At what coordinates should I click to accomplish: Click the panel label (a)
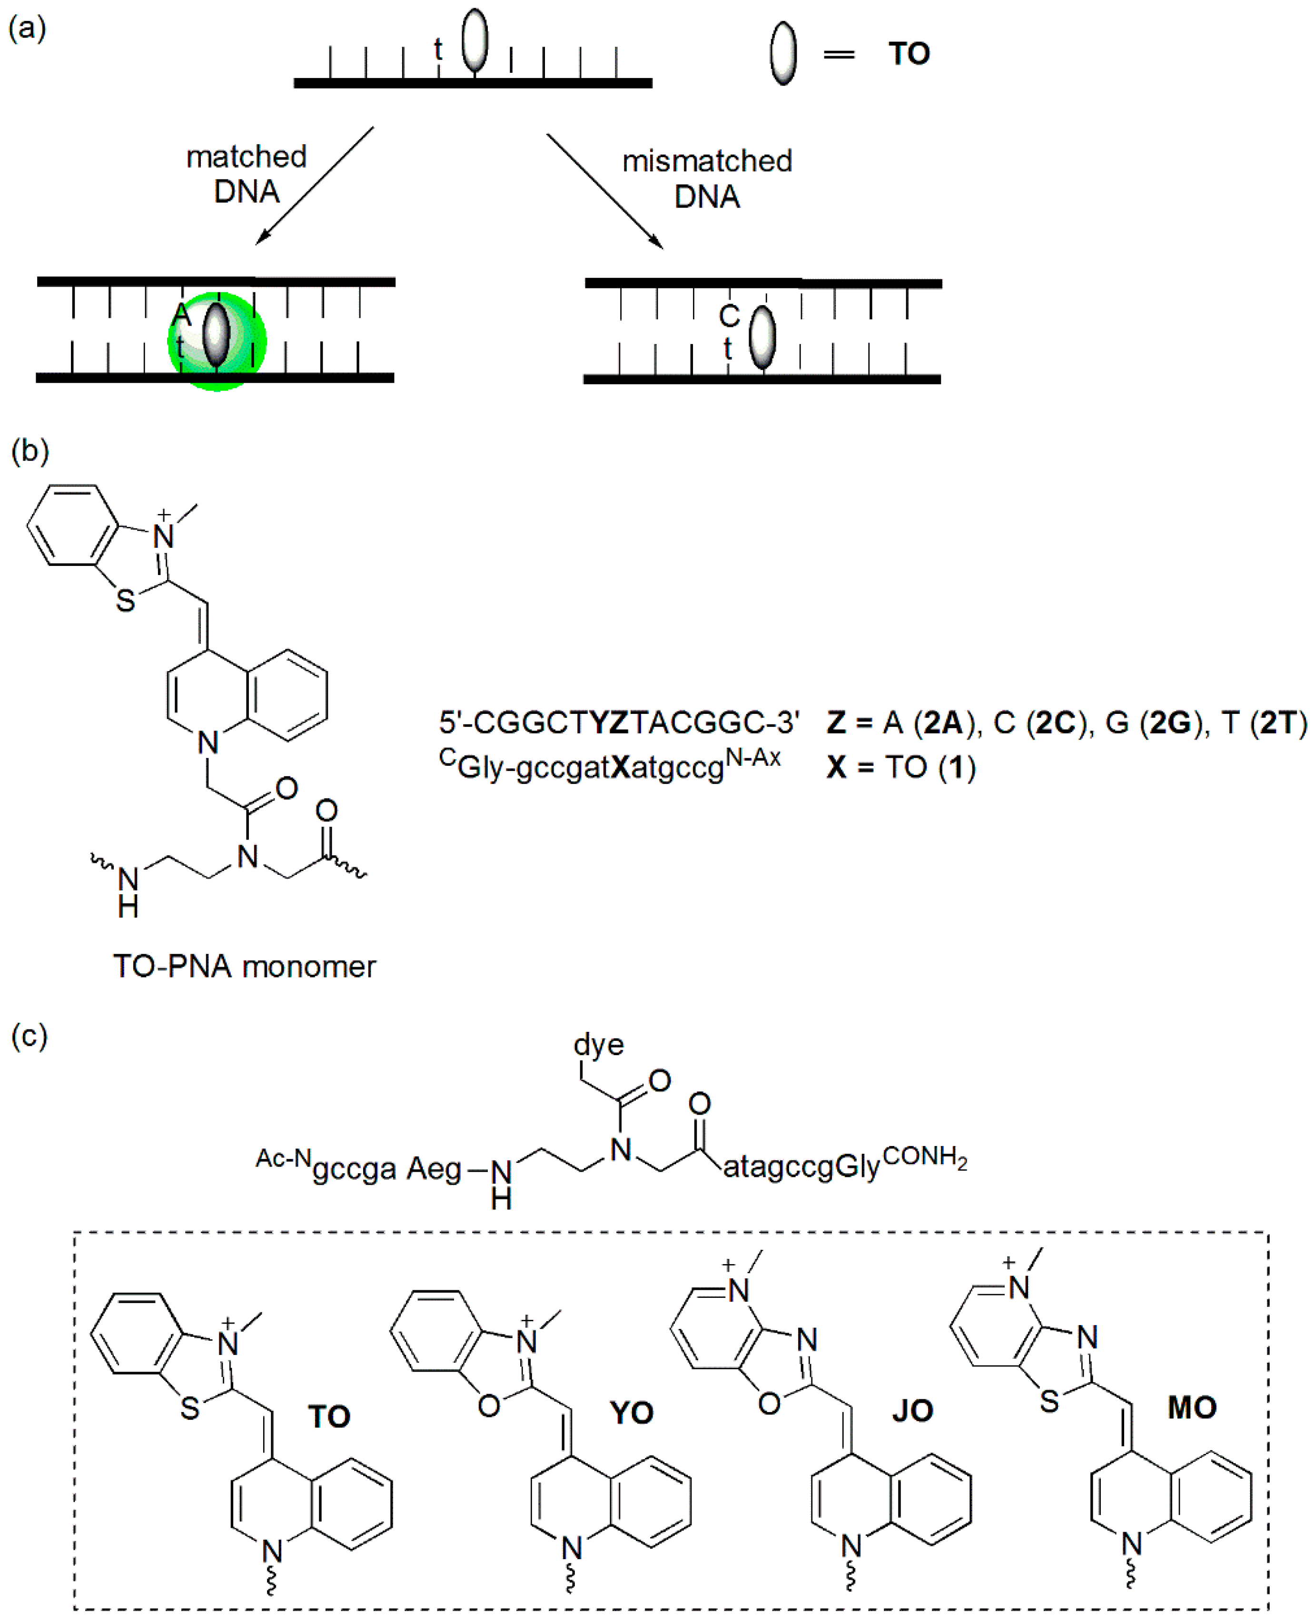tap(27, 28)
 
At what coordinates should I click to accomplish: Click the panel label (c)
tap(30, 1035)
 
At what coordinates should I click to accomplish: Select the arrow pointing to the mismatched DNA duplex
tap(604, 191)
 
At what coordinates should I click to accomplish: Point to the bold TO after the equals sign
tap(909, 54)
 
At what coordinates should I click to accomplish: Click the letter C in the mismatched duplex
tap(729, 316)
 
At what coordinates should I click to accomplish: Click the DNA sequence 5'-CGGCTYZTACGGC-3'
tap(619, 723)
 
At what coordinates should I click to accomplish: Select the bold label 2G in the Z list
tap(1170, 723)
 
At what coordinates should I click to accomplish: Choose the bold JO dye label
tap(912, 1411)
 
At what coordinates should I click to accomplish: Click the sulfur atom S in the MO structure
tap(1049, 1402)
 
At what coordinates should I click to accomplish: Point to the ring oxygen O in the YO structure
tap(489, 1406)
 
